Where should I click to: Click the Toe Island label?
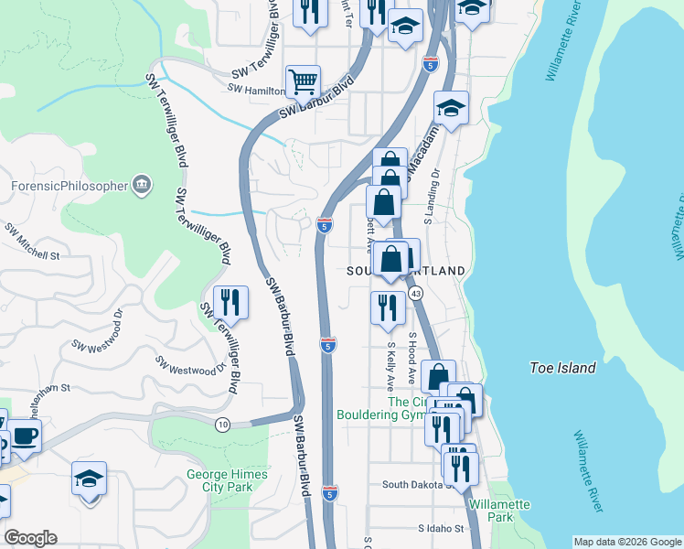click(x=562, y=368)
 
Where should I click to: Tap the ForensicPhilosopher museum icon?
click(x=142, y=186)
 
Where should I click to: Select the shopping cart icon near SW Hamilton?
click(x=303, y=81)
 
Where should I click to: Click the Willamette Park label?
click(x=498, y=511)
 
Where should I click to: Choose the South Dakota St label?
click(x=417, y=485)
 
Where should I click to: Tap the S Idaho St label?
click(x=442, y=529)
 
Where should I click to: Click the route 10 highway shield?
click(x=222, y=425)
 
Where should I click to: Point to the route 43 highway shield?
click(x=416, y=293)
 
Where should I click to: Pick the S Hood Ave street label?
click(x=412, y=359)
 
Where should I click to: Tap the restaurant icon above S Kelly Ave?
click(x=388, y=307)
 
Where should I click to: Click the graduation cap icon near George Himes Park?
click(x=89, y=479)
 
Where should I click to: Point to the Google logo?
click(x=30, y=538)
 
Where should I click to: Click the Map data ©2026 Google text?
click(x=626, y=542)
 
